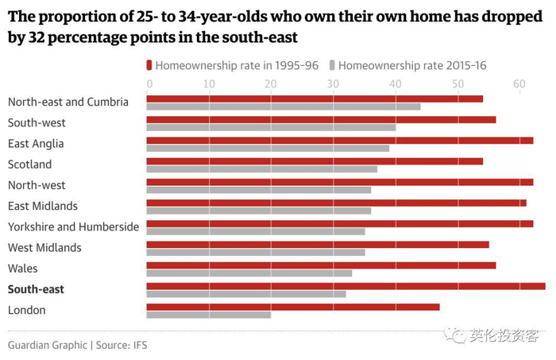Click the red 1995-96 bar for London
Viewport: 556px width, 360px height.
292,307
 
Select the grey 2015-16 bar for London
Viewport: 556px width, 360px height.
208,315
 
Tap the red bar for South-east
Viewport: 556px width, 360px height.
346,286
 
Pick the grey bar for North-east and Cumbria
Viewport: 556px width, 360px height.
283,106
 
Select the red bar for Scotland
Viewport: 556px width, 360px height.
315,161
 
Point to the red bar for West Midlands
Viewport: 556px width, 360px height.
317,245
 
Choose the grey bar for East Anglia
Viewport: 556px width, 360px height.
268,148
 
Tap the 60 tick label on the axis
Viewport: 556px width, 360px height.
519,83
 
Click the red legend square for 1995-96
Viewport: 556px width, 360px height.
149,65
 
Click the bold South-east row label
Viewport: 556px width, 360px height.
36,289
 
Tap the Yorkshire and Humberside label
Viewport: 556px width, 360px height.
73,227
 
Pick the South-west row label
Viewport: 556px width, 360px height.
37,123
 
